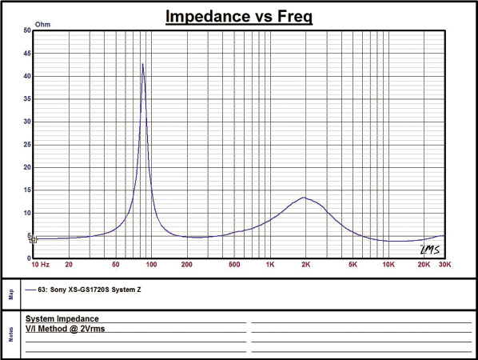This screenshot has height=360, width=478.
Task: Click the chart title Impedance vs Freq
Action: pos(239,16)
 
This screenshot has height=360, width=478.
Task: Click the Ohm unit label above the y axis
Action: pos(42,25)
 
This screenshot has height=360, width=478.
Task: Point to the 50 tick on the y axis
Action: pos(27,30)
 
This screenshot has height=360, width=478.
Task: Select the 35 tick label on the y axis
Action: pos(27,99)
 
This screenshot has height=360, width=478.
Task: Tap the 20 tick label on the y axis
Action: pos(27,167)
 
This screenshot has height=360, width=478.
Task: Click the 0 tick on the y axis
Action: pos(29,258)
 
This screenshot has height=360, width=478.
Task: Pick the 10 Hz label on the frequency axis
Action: pos(41,265)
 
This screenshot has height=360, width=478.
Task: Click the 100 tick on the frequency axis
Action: pos(152,265)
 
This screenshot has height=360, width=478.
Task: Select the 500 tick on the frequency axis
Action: pos(234,265)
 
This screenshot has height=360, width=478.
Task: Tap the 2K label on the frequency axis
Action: pos(306,265)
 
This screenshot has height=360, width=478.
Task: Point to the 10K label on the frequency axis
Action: pos(388,265)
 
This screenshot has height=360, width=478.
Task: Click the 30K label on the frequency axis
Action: pos(444,265)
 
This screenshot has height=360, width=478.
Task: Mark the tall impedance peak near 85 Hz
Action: pos(142,64)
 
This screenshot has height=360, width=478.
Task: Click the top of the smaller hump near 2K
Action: pos(304,198)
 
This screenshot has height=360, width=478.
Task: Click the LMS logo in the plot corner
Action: pos(430,250)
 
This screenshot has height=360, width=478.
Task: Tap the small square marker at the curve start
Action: pos(34,239)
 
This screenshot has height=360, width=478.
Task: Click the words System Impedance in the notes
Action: pos(62,319)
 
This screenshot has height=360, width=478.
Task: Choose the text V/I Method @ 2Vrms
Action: pos(66,329)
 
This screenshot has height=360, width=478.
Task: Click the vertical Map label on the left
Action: pos(11,294)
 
